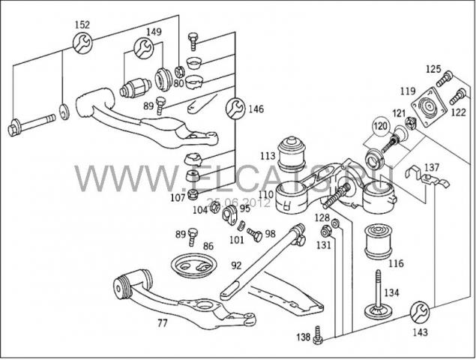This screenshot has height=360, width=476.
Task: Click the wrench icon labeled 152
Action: [x=82, y=42]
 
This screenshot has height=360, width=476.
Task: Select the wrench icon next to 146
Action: [x=235, y=108]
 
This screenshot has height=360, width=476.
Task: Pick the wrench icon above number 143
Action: [x=421, y=309]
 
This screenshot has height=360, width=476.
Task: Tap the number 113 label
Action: [x=268, y=157]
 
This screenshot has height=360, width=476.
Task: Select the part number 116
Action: [x=396, y=263]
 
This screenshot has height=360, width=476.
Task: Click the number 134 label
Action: [x=392, y=292]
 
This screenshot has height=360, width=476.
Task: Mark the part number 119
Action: [x=407, y=91]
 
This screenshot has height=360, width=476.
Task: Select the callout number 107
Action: [x=177, y=198]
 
